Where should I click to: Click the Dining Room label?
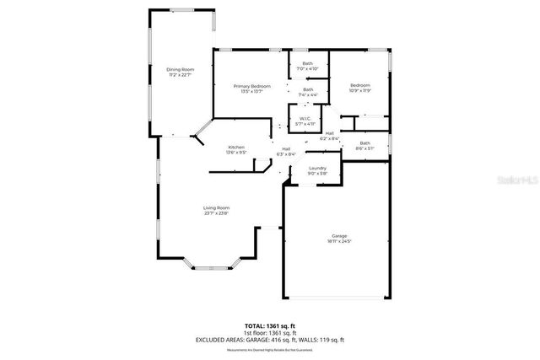pos(180,69)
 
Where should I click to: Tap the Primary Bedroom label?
pos(251,87)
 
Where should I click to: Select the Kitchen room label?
pos(235,148)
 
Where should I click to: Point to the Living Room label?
pos(216,207)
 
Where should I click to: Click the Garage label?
pos(339,236)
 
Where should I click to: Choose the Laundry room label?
pos(317,169)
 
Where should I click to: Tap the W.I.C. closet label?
pos(305,119)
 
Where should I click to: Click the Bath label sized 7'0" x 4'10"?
pos(308,64)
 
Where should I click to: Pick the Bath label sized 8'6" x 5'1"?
pos(364,143)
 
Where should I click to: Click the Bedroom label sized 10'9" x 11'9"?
pos(360,85)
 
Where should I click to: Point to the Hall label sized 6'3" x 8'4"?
pos(286,149)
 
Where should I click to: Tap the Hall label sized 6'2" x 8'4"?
pos(329,133)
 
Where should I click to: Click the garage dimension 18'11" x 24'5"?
pos(339,241)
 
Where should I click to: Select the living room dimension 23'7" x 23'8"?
pos(216,212)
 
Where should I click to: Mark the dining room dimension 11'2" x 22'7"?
pos(180,74)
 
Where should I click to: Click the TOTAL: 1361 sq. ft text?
pos(270,325)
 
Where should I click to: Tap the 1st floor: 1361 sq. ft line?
pos(270,332)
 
